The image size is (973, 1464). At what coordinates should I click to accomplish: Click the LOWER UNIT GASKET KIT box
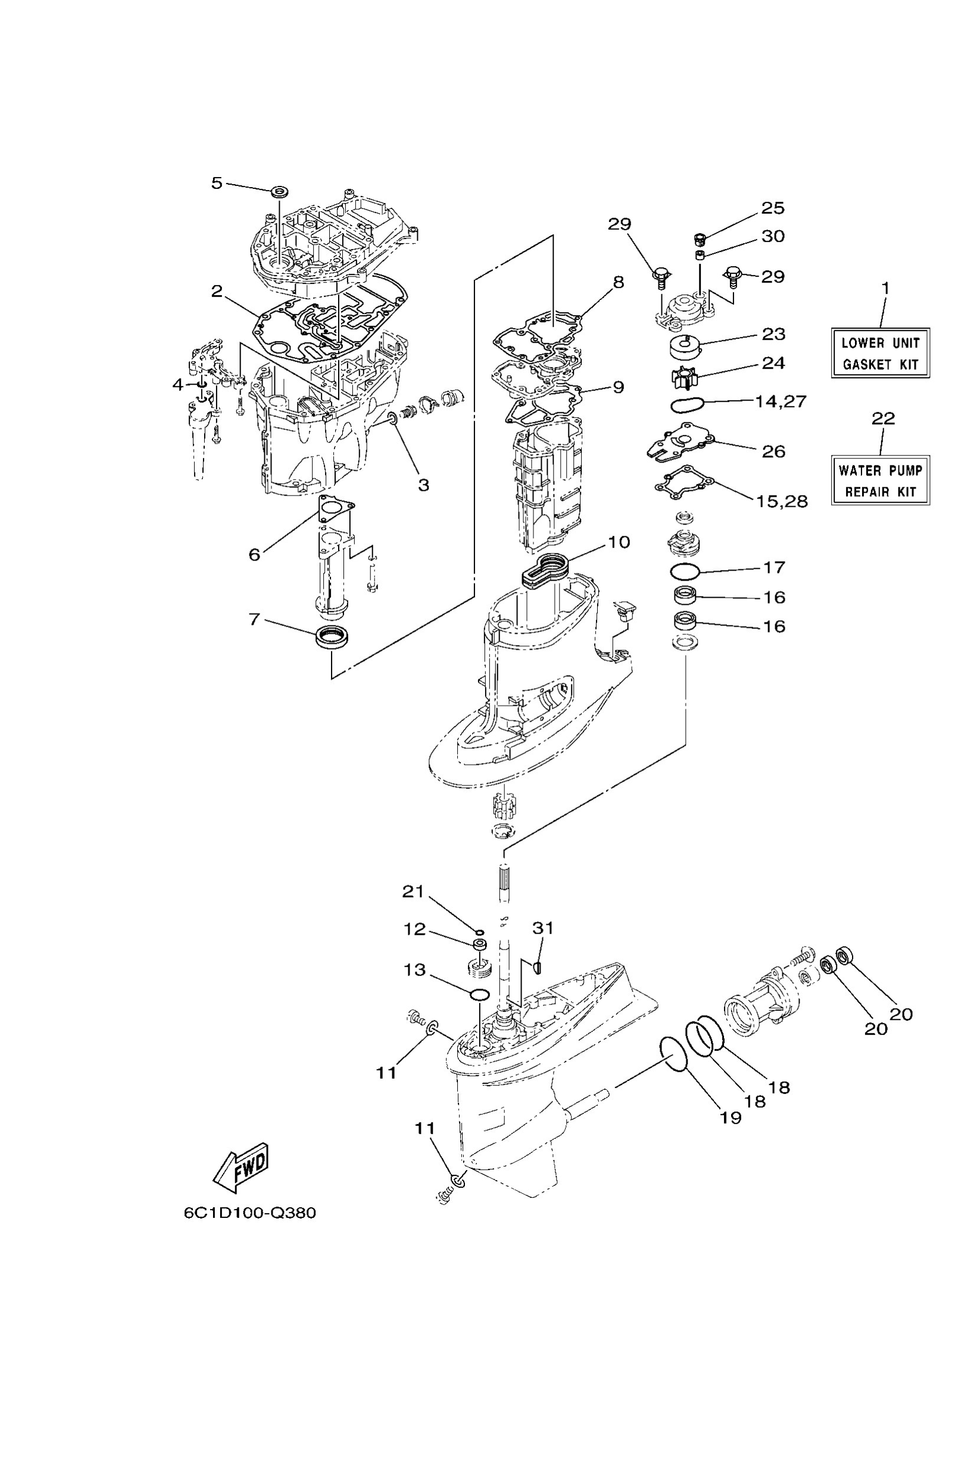tap(880, 353)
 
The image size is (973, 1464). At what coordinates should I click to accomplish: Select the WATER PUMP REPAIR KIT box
tap(880, 481)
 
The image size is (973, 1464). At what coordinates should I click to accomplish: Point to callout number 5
tap(217, 183)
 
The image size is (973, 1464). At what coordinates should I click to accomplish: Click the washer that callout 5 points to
tap(280, 191)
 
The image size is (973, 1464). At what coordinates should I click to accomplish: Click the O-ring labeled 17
tap(686, 569)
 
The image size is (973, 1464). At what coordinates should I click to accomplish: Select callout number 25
tap(772, 208)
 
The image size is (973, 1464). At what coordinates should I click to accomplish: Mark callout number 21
tap(412, 892)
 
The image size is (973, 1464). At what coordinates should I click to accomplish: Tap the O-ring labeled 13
tap(477, 995)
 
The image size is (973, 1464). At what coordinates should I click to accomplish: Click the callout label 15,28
tap(782, 502)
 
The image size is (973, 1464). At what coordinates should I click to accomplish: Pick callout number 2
tap(217, 291)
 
